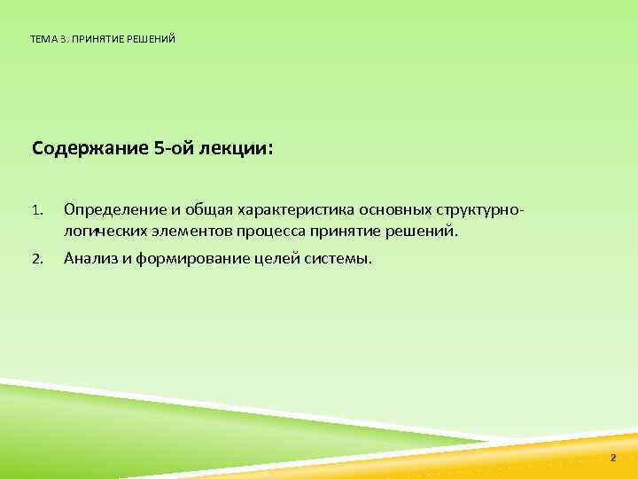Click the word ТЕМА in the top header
click(41, 39)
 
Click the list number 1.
click(36, 211)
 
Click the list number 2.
click(37, 260)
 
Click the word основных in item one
click(394, 211)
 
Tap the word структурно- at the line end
click(485, 211)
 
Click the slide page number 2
click(612, 458)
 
